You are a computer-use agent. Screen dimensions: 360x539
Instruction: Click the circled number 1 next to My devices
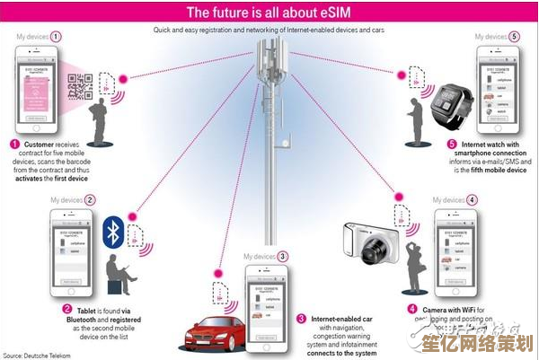57,37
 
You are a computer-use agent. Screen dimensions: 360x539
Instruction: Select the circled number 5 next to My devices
514,37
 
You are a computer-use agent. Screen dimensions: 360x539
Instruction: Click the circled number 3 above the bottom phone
282,256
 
